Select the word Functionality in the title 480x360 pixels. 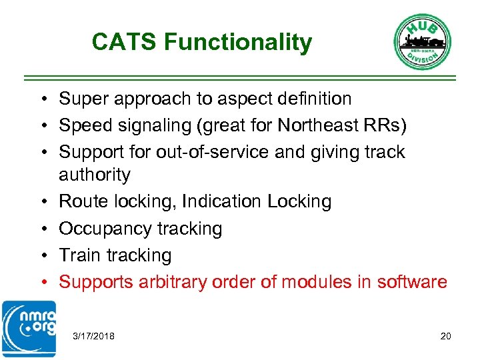tap(238, 42)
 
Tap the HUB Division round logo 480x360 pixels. tap(423, 41)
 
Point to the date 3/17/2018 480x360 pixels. tap(93, 336)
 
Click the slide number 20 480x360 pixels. tap(445, 336)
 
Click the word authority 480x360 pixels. tap(94, 175)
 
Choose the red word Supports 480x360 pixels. tap(96, 282)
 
